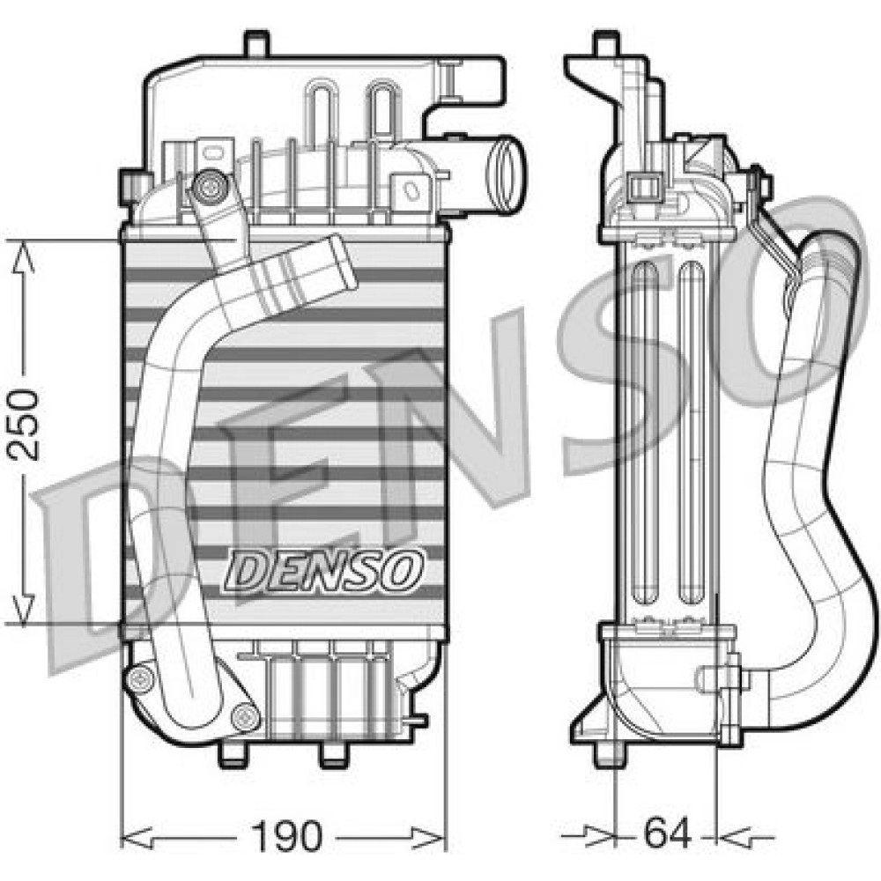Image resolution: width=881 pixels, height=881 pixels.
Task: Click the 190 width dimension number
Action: [287, 836]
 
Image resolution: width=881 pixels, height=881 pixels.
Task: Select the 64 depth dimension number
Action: [667, 833]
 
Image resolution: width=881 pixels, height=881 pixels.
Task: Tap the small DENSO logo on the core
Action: [324, 571]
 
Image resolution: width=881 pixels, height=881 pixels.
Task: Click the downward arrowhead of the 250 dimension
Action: [23, 609]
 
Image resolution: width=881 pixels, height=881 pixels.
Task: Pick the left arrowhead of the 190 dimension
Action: [137, 837]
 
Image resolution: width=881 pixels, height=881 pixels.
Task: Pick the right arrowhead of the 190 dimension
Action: [428, 837]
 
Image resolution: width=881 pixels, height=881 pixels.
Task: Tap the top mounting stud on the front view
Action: [256, 43]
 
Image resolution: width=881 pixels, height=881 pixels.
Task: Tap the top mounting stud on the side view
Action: [606, 43]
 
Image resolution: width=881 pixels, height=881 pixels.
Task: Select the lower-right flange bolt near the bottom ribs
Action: [246, 717]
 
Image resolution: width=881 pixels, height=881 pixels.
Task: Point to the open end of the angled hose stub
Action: [343, 262]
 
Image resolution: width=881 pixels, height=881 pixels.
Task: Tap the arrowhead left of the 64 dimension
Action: [599, 836]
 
